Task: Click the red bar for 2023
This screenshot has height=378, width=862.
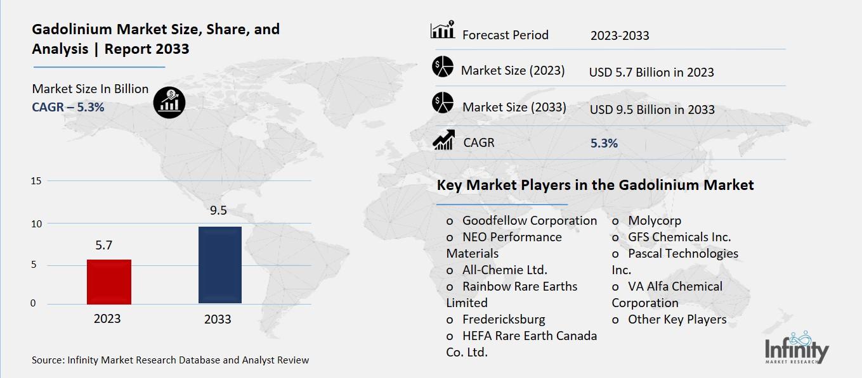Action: (109, 282)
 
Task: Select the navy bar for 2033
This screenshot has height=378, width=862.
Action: (219, 265)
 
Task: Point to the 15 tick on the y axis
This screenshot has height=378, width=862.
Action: (36, 181)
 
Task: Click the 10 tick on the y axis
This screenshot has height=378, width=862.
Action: (36, 224)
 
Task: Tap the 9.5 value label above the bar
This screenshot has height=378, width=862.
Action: (218, 211)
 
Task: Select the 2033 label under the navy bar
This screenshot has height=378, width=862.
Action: (218, 319)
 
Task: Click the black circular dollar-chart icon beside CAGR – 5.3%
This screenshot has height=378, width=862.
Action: (169, 102)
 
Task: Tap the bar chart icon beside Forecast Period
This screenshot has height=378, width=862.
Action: (443, 30)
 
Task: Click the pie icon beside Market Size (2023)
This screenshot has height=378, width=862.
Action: (443, 67)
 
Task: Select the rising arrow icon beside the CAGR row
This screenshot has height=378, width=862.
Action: (443, 141)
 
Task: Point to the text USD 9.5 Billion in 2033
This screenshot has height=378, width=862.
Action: (652, 110)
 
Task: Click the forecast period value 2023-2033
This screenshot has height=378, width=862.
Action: (620, 35)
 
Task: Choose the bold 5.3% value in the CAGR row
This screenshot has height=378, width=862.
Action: (604, 144)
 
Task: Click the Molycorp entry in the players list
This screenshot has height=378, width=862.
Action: (655, 220)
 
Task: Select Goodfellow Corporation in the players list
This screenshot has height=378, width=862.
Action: (530, 220)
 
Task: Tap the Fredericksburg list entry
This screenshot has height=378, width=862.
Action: (504, 319)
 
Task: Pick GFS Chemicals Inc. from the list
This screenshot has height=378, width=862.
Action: (679, 237)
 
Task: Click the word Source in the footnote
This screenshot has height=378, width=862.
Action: (46, 360)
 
